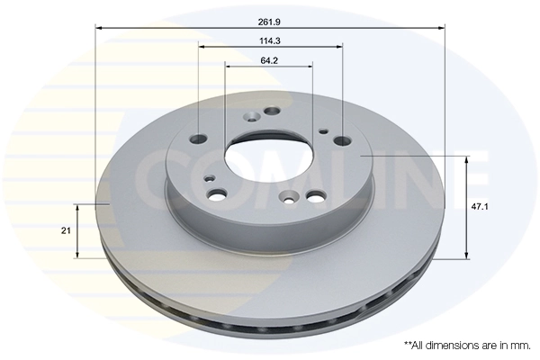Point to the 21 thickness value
(x=66, y=231)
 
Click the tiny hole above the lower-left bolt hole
(x=210, y=178)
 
